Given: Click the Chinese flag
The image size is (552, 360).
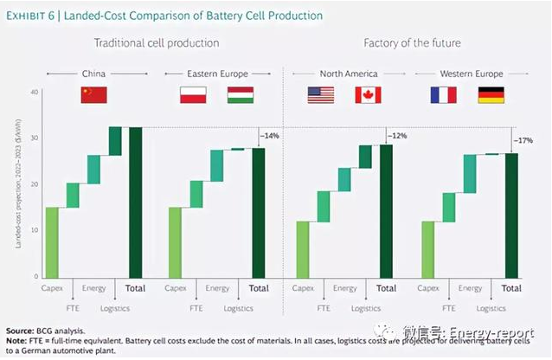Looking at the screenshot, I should tap(93, 95).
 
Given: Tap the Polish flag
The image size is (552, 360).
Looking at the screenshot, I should tap(192, 95).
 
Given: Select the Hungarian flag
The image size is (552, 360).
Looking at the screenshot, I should tap(240, 95).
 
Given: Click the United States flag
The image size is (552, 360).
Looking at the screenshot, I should tap(320, 95).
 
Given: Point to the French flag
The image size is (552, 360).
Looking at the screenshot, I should tap(443, 95).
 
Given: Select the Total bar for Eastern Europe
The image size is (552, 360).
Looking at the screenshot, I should tap(259, 213).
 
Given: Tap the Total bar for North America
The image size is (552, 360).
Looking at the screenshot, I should tap(386, 211).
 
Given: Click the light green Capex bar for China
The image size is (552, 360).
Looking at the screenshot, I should tap(52, 242).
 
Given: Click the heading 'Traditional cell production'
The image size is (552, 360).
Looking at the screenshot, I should tap(156, 42).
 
